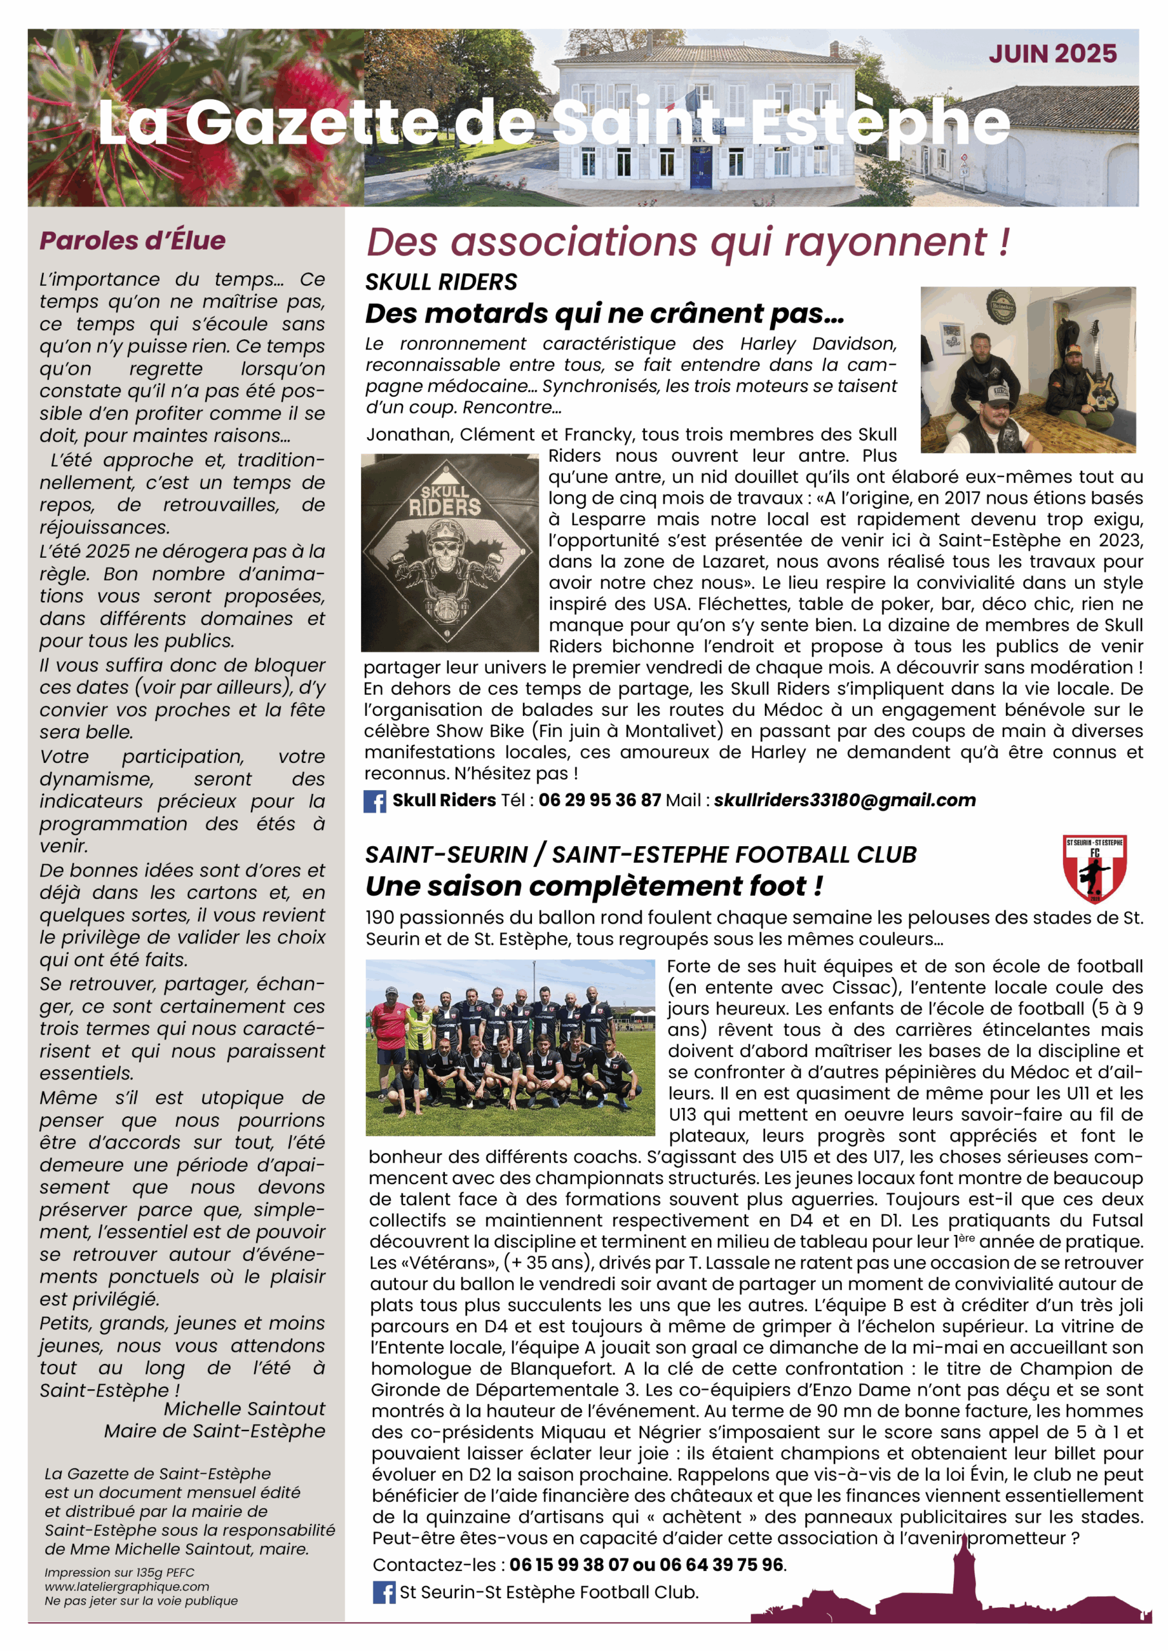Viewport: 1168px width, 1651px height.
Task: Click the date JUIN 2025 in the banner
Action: pyautogui.click(x=1052, y=54)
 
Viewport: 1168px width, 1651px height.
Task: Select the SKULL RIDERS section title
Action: pyautogui.click(x=441, y=282)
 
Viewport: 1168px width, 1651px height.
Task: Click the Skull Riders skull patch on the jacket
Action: pyautogui.click(x=449, y=552)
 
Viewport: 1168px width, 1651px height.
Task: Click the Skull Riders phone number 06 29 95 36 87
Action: pyautogui.click(x=599, y=800)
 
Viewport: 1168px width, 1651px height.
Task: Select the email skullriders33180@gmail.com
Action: pyautogui.click(x=844, y=800)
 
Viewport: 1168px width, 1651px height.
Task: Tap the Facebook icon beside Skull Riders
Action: pyautogui.click(x=375, y=801)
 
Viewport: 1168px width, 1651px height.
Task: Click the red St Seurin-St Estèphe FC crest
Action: pyautogui.click(x=1094, y=868)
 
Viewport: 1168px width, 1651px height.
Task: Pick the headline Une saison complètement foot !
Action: pyautogui.click(x=593, y=886)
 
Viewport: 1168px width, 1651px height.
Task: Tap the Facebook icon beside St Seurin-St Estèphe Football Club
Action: pyautogui.click(x=383, y=1592)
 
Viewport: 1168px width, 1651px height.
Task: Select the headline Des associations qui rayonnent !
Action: pyautogui.click(x=688, y=242)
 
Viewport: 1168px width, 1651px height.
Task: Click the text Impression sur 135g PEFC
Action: pyautogui.click(x=119, y=1572)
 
